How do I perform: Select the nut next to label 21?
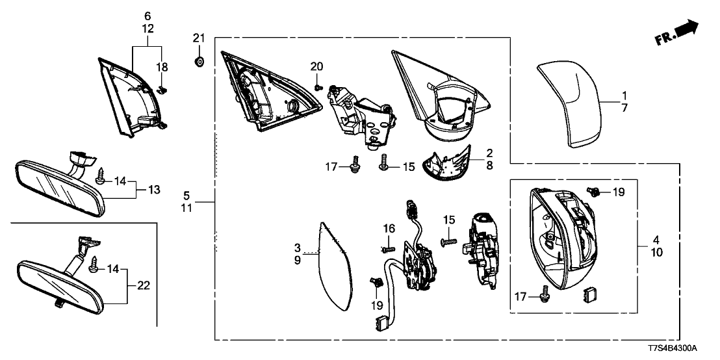199,62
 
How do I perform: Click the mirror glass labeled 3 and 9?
336,266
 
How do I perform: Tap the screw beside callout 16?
388,248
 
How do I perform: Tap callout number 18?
162,67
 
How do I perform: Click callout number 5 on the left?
186,195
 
